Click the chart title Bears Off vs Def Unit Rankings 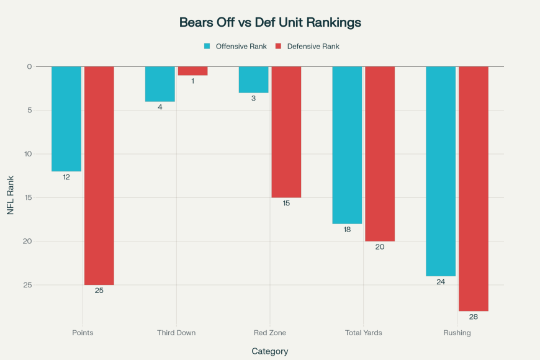(270, 22)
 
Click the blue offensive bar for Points (66, 119)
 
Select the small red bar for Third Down (193, 71)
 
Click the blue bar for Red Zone (254, 79)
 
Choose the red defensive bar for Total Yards (380, 153)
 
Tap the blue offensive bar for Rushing (441, 171)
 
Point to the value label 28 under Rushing (474, 317)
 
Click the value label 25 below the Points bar (99, 290)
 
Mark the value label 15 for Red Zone (286, 203)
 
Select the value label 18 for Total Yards (347, 230)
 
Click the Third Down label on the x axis (176, 333)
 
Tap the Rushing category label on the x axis (457, 333)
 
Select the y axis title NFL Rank (11, 198)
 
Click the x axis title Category (270, 351)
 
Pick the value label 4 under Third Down (160, 107)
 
